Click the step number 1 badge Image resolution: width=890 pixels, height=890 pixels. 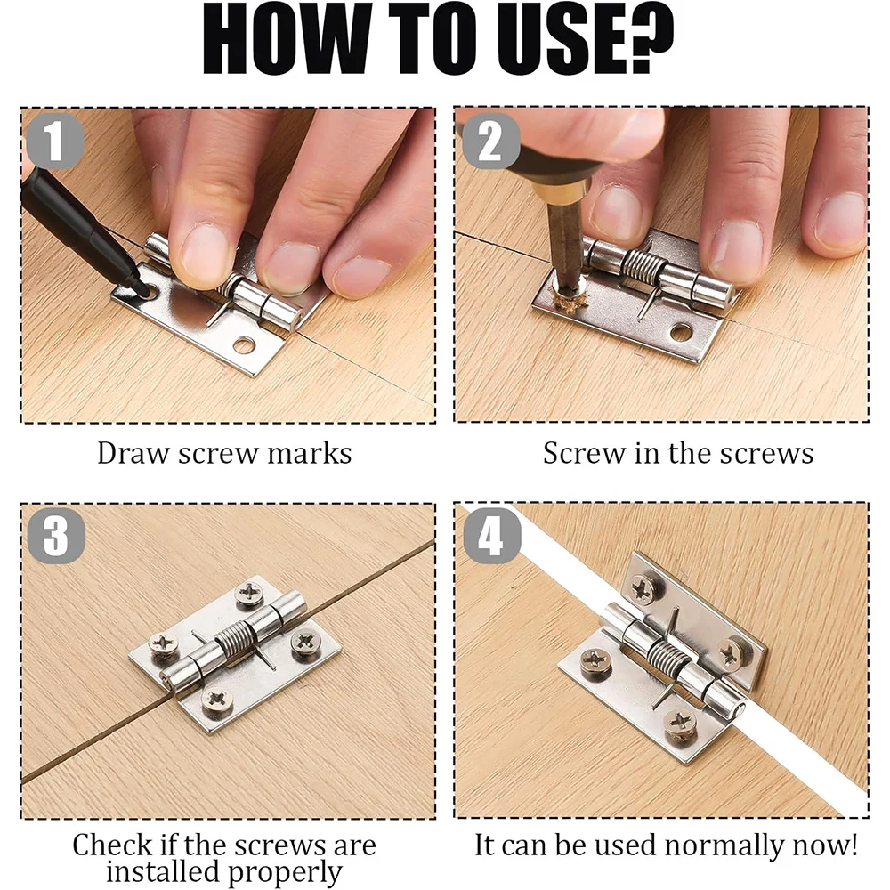55,142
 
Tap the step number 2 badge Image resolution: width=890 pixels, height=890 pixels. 489,142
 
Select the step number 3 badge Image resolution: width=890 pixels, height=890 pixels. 55,538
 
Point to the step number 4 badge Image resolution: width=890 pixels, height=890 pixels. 489,538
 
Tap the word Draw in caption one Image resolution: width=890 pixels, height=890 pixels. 133,453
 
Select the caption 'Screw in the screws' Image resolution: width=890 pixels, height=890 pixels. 678,453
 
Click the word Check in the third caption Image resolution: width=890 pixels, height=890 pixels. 113,845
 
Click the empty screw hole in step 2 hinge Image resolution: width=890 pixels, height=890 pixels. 681,332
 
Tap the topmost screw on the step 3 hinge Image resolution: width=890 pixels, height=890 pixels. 248,594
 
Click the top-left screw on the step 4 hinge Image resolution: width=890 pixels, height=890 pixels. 643,587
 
